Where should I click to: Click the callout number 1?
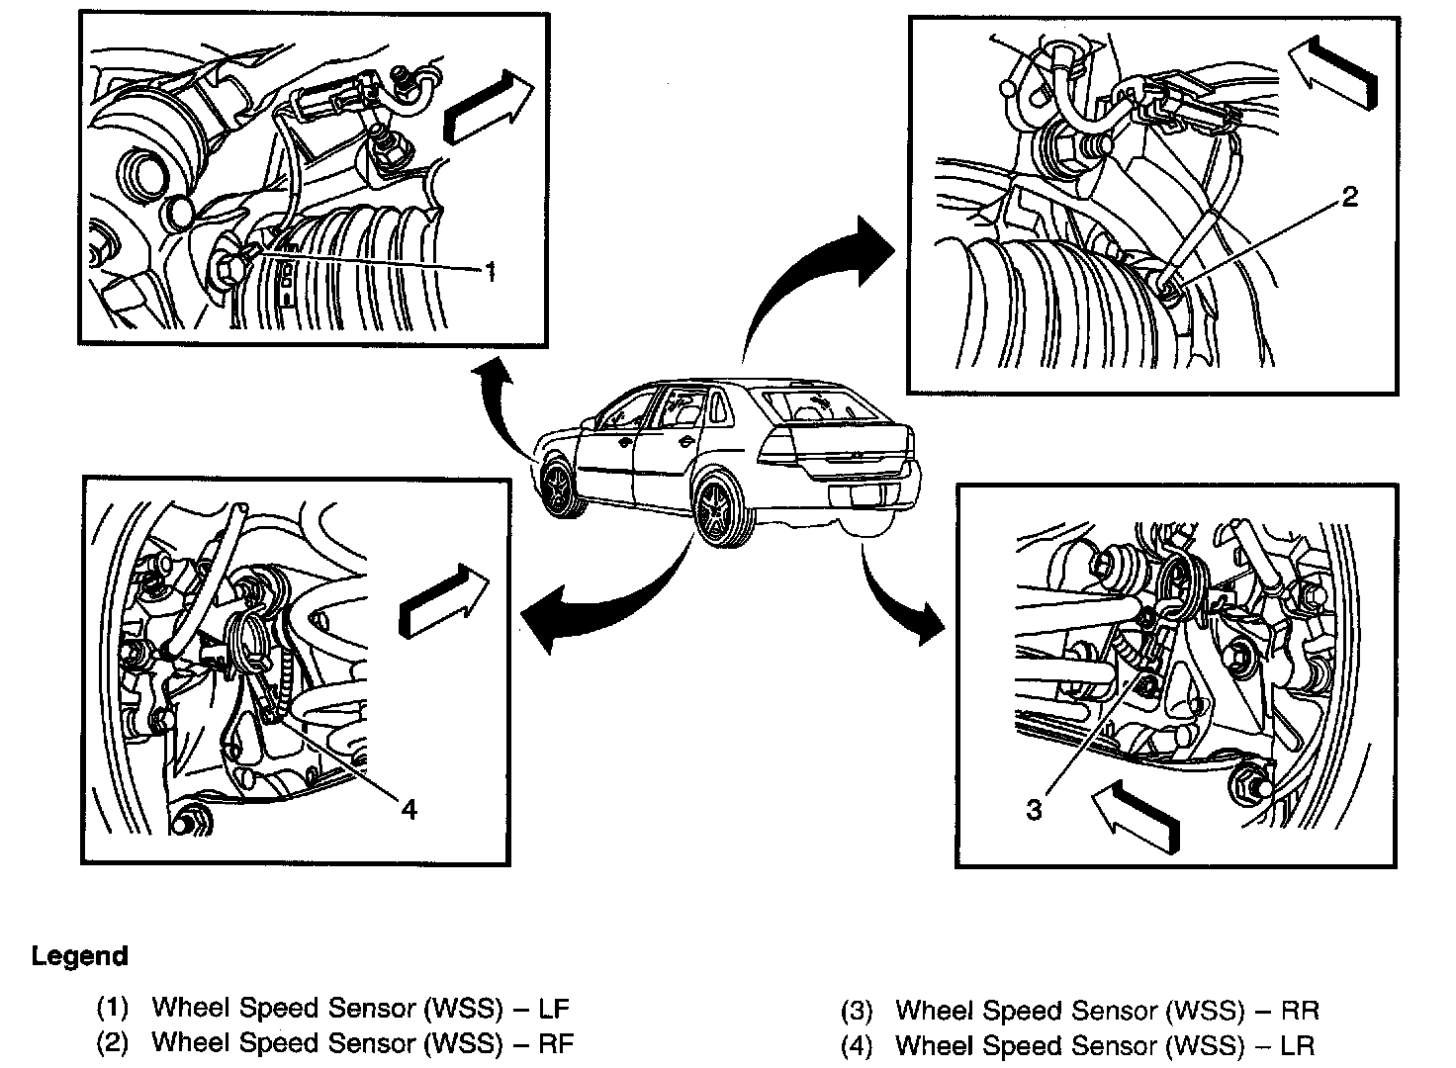point(488,271)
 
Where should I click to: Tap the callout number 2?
point(1349,197)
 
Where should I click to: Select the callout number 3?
point(1034,810)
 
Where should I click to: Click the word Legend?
point(80,956)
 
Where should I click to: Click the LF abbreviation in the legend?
point(553,1009)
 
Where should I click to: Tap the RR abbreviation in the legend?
point(1300,1011)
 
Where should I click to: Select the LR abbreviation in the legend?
point(1297,1044)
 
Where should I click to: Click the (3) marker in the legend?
point(857,1012)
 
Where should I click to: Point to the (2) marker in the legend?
point(113,1043)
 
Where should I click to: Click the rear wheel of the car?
point(718,508)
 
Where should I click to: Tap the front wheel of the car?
point(561,487)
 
